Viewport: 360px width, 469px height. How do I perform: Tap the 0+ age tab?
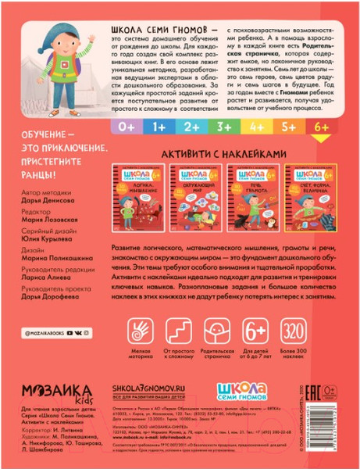pos(127,125)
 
